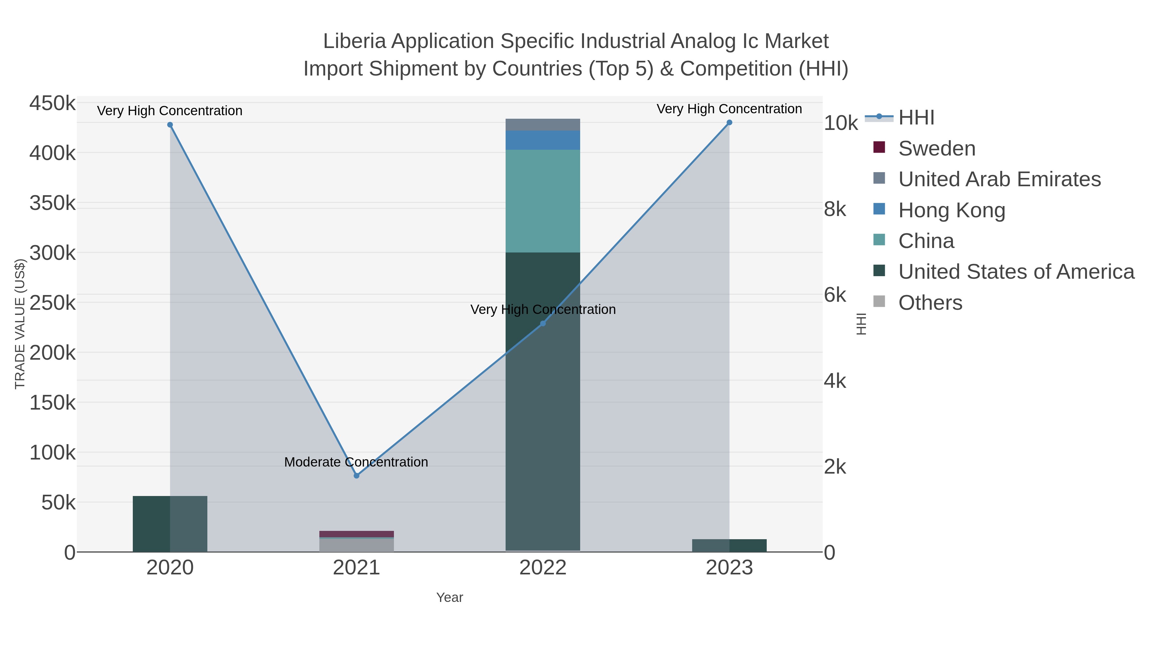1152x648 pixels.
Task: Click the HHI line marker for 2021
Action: pos(356,476)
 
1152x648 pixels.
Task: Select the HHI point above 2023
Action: pos(729,123)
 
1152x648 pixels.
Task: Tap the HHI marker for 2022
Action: pos(543,323)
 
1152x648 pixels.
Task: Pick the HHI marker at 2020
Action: pos(170,125)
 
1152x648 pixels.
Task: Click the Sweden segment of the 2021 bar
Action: pos(356,534)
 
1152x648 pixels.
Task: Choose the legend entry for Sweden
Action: pos(936,148)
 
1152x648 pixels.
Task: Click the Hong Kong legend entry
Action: pos(951,210)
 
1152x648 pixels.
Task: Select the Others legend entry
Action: pos(930,303)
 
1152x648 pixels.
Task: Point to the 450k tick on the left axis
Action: pos(52,103)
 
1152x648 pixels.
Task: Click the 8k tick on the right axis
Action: pos(835,209)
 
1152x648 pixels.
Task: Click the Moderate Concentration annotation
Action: pos(356,462)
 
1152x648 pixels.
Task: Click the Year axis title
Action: pos(450,597)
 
